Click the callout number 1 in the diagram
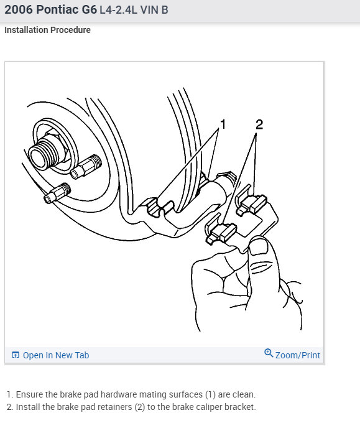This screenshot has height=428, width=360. tap(223, 124)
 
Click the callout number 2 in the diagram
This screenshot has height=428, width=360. tap(259, 124)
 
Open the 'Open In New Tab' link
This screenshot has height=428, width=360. tap(56, 355)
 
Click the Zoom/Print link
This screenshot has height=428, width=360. tap(298, 355)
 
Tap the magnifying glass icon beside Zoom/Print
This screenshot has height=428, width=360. tap(269, 353)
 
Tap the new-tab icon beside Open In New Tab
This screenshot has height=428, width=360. tap(16, 355)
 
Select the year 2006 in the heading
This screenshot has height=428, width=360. tap(19, 9)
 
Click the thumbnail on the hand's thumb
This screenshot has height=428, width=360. tap(259, 246)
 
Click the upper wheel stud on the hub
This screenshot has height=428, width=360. tap(86, 166)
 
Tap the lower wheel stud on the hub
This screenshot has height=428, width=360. tap(57, 193)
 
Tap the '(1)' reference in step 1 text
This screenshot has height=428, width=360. tap(210, 394)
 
